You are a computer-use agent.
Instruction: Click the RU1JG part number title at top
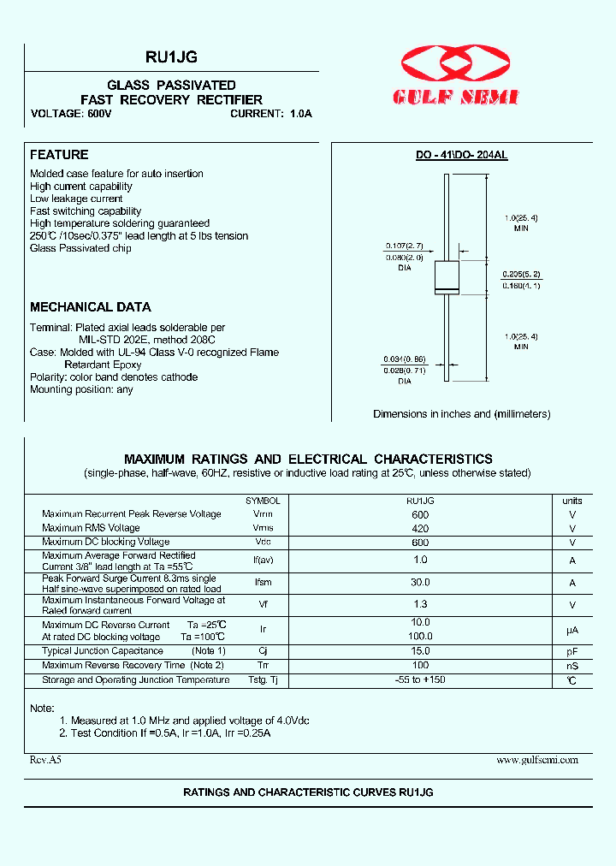172,57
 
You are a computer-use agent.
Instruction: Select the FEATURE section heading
59,155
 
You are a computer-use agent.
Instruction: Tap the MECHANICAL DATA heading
91,307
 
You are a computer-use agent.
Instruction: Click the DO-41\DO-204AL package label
461,155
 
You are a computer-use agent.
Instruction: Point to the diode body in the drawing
448,276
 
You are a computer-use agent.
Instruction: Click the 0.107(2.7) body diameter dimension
402,246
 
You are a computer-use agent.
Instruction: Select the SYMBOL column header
263,501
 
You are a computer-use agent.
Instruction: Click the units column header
572,501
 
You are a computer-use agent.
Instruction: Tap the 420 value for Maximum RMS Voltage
419,529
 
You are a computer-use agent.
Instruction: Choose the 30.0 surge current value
419,582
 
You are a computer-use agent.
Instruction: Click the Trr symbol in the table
263,666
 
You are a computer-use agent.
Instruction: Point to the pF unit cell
572,652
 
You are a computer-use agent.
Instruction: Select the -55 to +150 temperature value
419,679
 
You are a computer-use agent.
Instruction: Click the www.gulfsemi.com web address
537,759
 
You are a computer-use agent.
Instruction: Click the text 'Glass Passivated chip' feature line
80,248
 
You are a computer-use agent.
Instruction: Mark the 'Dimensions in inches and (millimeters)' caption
461,414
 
